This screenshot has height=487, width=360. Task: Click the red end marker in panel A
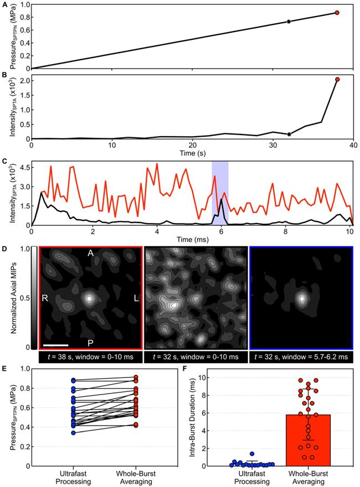coord(337,12)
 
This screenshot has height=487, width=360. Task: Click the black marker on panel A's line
coord(289,22)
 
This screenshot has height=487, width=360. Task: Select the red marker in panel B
coord(337,80)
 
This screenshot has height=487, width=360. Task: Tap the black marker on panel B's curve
coord(289,134)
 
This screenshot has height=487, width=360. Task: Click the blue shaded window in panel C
coord(220,193)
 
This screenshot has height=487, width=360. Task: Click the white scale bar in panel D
coord(55,346)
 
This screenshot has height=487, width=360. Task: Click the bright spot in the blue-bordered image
coord(302,298)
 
